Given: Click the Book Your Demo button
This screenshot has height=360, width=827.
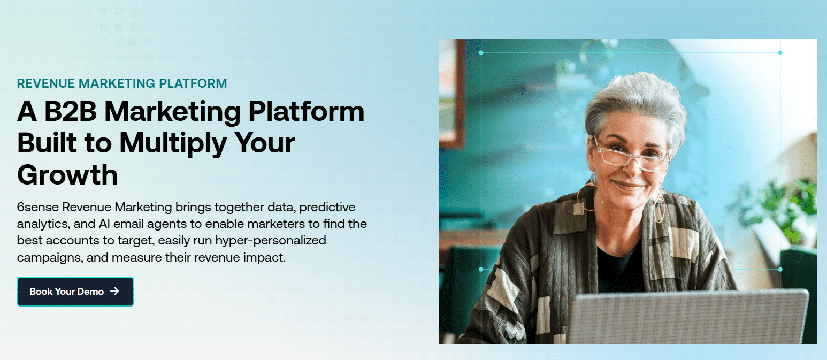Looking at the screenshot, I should [x=75, y=292].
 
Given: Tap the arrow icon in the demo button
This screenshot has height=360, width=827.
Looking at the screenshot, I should [x=114, y=292].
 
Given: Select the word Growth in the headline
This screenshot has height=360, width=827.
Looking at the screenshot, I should [x=67, y=175].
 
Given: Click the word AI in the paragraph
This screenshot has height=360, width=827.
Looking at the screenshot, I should [x=104, y=224].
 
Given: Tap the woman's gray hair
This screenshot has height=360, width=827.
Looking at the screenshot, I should [x=637, y=102].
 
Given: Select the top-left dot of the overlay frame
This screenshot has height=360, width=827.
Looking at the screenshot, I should [x=480, y=52].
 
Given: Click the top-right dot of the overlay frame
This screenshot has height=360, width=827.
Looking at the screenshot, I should [x=780, y=52].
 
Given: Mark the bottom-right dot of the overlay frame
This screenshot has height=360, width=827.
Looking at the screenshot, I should [x=780, y=269].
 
